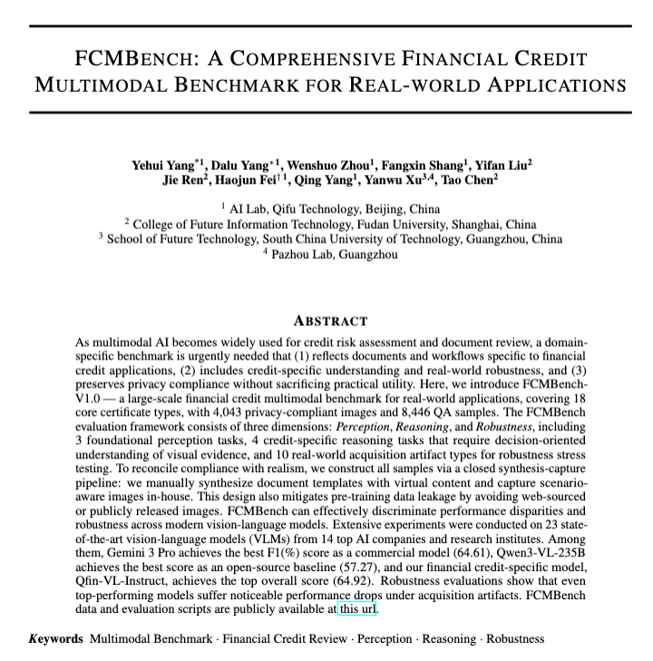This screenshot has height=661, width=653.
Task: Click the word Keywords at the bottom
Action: coord(56,638)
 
